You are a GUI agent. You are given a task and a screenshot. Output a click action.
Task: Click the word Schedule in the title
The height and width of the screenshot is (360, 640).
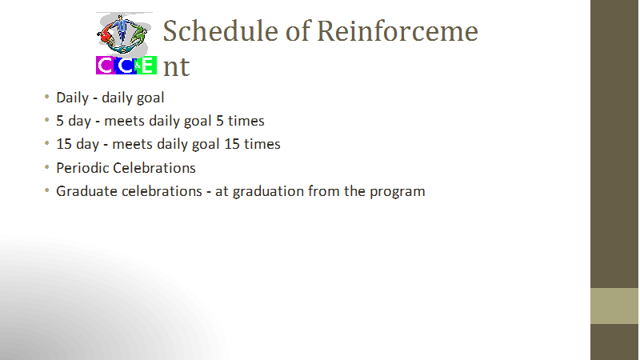click(x=221, y=31)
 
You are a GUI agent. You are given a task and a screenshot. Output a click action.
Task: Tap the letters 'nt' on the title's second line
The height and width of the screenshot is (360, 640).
click(x=176, y=66)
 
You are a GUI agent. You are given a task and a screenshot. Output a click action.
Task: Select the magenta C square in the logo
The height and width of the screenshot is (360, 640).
click(x=106, y=66)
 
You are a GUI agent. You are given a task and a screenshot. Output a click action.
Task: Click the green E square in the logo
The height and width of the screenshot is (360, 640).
click(x=146, y=66)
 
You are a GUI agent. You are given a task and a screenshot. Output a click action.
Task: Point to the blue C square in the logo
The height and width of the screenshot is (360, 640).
click(x=126, y=66)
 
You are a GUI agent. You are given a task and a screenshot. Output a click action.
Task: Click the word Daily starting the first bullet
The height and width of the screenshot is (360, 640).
click(x=72, y=98)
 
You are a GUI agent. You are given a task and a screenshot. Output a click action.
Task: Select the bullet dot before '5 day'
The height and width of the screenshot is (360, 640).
click(x=47, y=120)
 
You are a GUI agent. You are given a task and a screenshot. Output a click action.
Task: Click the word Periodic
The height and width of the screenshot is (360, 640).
click(x=82, y=168)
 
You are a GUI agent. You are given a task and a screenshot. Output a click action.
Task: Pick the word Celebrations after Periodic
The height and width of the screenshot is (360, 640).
click(x=154, y=168)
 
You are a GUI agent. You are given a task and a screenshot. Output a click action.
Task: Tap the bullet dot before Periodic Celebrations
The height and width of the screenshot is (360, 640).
click(x=47, y=167)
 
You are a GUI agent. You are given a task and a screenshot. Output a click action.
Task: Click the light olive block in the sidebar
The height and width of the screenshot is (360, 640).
click(x=614, y=306)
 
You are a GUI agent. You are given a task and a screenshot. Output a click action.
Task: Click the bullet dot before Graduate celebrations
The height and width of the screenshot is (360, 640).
click(x=47, y=190)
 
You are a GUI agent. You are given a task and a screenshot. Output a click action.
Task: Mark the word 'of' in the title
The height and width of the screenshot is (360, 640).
click(x=298, y=31)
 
